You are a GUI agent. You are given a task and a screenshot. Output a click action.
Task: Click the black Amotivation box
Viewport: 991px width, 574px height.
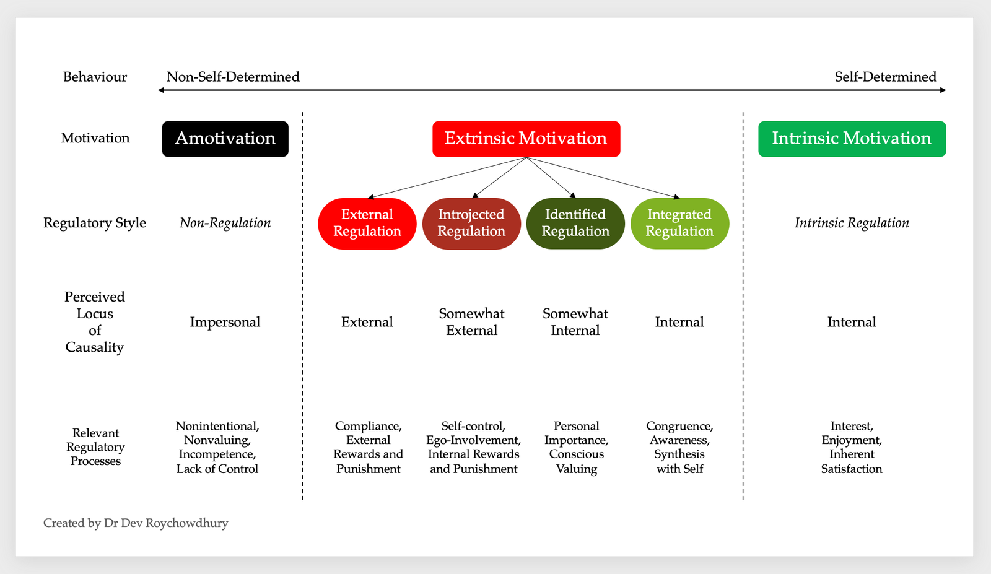pyautogui.click(x=225, y=139)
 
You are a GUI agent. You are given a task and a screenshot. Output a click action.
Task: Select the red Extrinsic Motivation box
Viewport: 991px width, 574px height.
pyautogui.click(x=526, y=139)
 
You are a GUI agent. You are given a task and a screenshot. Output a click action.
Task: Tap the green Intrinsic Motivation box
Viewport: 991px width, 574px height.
pyautogui.click(x=852, y=139)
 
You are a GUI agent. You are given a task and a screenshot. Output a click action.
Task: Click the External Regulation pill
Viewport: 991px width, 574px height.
pyautogui.click(x=367, y=224)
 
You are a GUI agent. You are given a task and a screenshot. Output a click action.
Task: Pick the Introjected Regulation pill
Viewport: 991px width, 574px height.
pyautogui.click(x=471, y=224)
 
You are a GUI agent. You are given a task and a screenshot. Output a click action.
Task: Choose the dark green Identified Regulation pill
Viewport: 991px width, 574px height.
pyautogui.click(x=575, y=224)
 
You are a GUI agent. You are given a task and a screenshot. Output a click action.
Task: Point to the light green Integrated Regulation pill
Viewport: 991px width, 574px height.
pyautogui.click(x=679, y=224)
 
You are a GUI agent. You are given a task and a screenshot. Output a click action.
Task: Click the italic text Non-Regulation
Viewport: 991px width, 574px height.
pyautogui.click(x=225, y=223)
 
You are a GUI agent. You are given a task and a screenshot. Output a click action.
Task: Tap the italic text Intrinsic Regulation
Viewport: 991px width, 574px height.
pyautogui.click(x=852, y=223)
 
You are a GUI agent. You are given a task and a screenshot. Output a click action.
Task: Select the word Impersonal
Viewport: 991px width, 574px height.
pyautogui.click(x=225, y=322)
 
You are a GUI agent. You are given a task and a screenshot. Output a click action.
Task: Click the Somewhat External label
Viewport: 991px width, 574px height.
pyautogui.click(x=471, y=322)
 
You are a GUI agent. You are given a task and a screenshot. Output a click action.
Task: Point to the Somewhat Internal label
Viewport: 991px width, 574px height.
pyautogui.click(x=575, y=322)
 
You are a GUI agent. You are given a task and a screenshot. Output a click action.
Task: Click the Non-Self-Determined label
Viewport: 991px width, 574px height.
pyautogui.click(x=233, y=77)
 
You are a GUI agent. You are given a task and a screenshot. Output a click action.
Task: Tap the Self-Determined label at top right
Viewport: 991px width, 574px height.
pyautogui.click(x=885, y=77)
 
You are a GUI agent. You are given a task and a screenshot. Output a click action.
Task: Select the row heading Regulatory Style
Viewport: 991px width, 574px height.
pyautogui.click(x=95, y=223)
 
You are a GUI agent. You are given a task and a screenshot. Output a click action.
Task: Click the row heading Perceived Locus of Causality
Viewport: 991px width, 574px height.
pyautogui.click(x=95, y=322)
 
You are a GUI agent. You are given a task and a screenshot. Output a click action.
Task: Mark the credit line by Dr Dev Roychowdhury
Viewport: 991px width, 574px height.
pyautogui.click(x=136, y=523)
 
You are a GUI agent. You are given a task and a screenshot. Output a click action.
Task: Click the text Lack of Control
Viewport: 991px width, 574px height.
pyautogui.click(x=217, y=469)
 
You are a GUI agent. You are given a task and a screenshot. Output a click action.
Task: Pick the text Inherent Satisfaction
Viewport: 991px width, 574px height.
pyautogui.click(x=852, y=462)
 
